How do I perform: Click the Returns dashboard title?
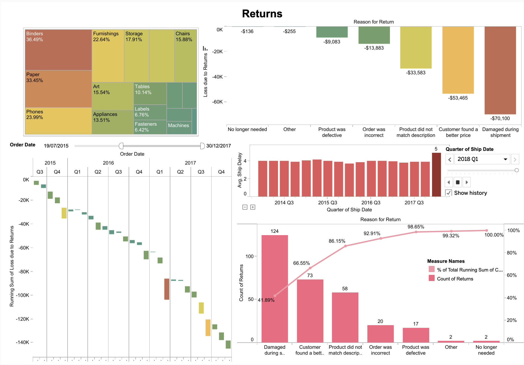coord(262,14)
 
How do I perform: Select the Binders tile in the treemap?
coord(58,50)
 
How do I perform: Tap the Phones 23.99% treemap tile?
coord(58,121)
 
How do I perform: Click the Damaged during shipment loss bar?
coord(500,70)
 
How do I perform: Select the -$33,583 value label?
coord(416,73)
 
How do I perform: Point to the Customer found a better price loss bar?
coord(458,60)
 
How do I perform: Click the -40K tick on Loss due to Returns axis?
coord(217,77)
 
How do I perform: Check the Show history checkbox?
coord(448,193)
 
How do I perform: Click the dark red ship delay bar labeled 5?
coord(436,174)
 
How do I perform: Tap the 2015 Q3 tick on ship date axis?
coord(328,203)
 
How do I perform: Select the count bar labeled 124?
coord(275,289)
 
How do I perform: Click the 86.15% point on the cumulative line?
coord(346,246)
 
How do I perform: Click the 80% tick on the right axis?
coord(512,253)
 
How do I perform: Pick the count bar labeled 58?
coord(345,317)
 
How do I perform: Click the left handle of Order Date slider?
coord(121,146)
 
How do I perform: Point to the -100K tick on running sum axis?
coord(22,295)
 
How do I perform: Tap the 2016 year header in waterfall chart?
coord(108,163)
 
